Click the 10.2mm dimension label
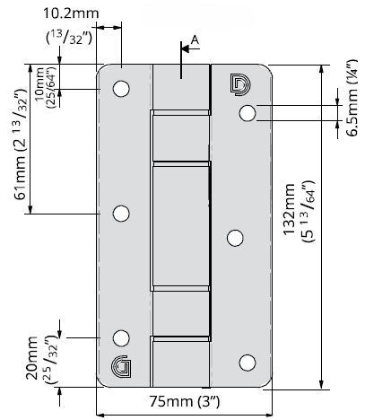[x=71, y=13]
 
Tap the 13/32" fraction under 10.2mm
[x=69, y=38]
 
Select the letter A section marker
[x=195, y=39]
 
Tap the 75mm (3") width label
[x=185, y=401]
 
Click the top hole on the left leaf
[x=121, y=89]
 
